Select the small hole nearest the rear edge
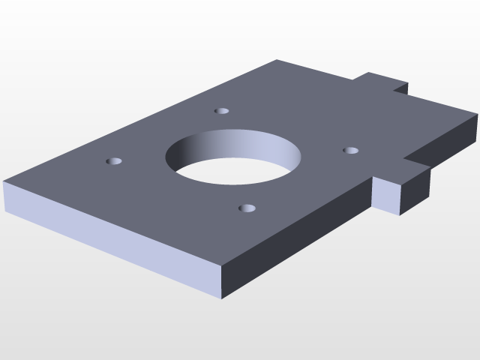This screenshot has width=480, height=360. point(221,111)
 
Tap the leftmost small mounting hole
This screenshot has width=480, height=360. point(115,161)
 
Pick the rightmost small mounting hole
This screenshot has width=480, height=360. point(350,151)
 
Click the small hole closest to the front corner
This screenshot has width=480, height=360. point(246,208)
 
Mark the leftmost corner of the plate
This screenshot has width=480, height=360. point(4,183)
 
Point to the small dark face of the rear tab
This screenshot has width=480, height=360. point(400,89)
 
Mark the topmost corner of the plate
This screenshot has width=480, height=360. point(277,60)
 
